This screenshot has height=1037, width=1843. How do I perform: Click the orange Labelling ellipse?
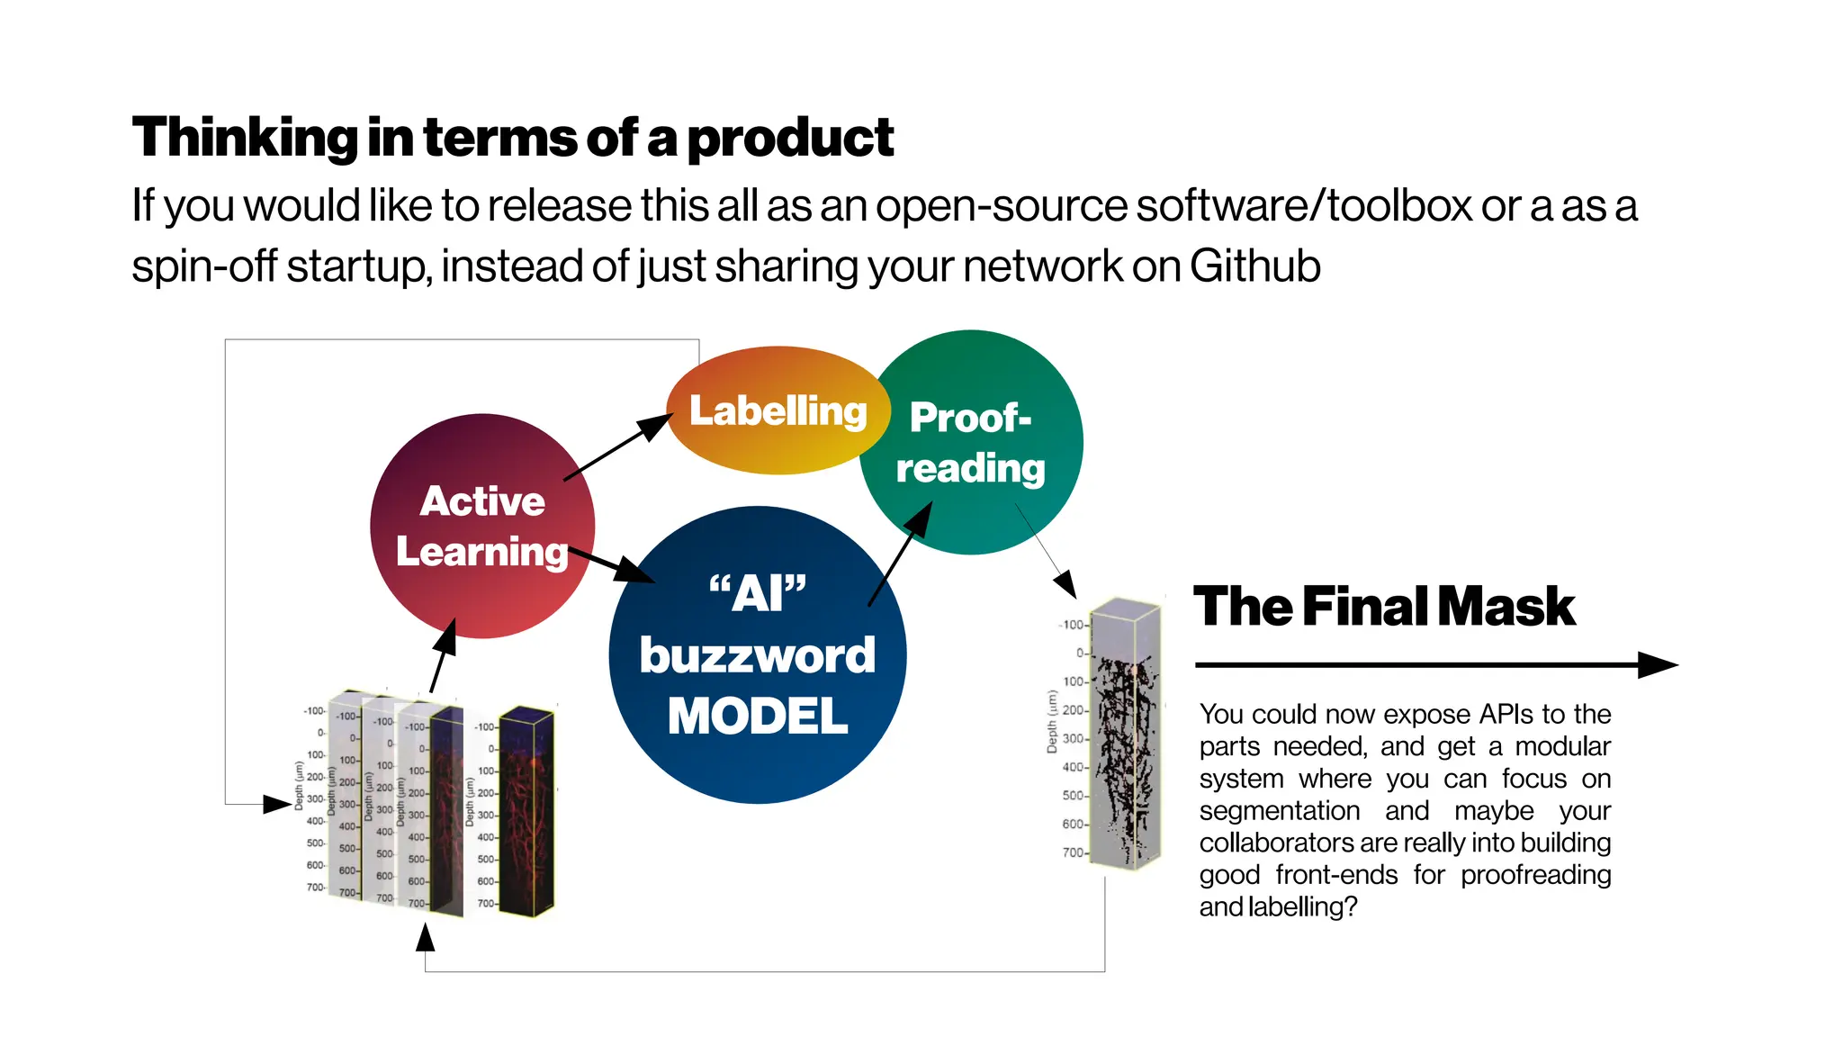(x=778, y=410)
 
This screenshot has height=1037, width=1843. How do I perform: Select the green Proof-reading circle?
(x=972, y=443)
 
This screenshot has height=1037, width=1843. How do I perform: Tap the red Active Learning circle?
(x=482, y=526)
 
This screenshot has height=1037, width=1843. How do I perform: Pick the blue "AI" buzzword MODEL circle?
(x=758, y=654)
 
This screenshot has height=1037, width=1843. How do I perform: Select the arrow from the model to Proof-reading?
(x=899, y=554)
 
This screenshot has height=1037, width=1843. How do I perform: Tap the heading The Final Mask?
(x=1383, y=607)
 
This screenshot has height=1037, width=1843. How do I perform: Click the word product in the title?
(x=790, y=139)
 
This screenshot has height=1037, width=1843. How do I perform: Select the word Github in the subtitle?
(x=1254, y=266)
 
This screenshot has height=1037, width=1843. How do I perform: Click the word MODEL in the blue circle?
(x=758, y=717)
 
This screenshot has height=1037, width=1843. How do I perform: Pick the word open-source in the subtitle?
(x=1000, y=206)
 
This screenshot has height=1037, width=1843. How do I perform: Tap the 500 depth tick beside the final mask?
(x=1073, y=796)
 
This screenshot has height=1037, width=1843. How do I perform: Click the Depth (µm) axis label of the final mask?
(x=1052, y=721)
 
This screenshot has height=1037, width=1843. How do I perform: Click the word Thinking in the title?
(x=245, y=139)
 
